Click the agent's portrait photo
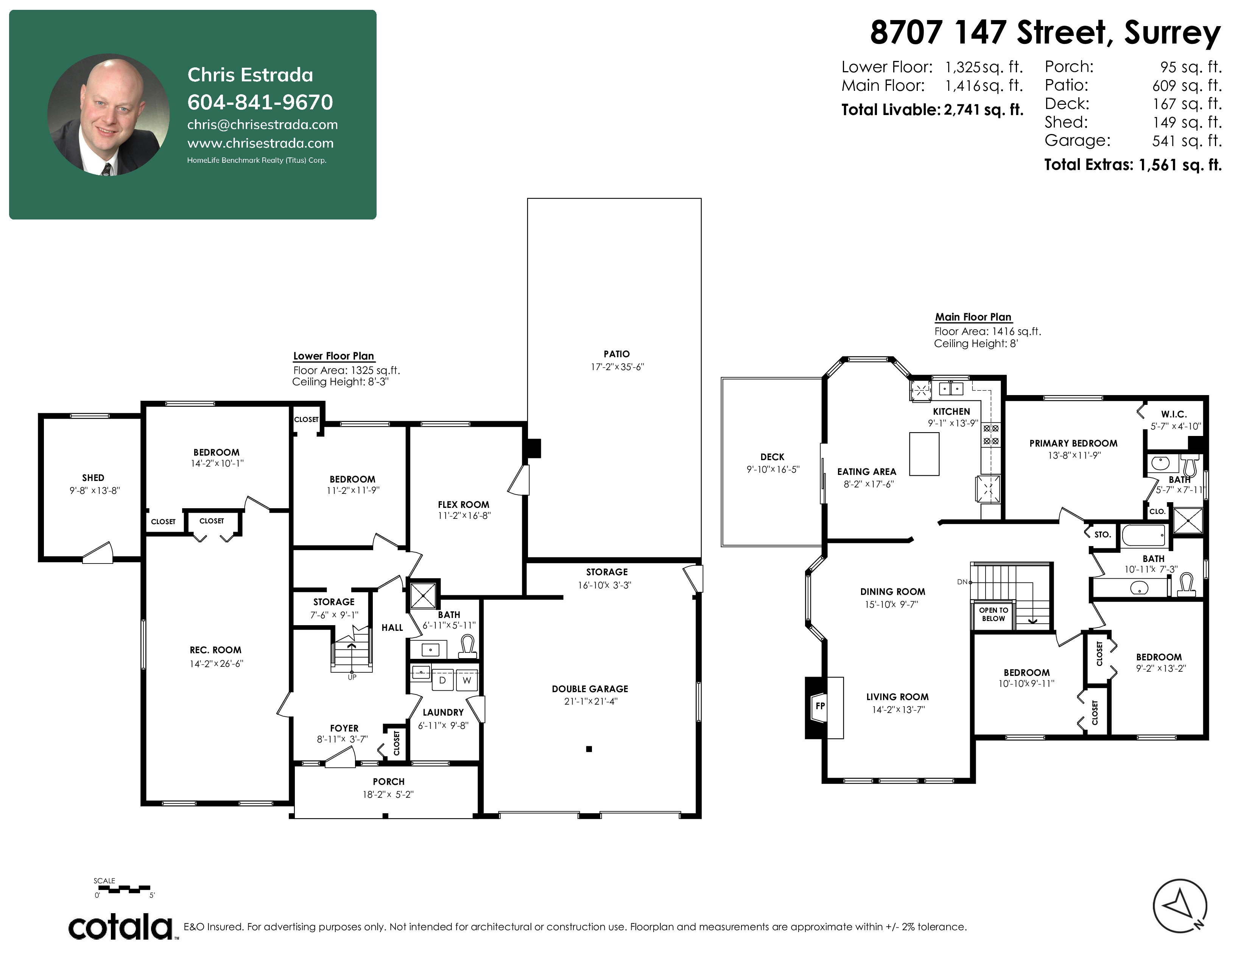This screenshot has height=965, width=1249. click(x=109, y=115)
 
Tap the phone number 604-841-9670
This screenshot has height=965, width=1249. click(x=260, y=102)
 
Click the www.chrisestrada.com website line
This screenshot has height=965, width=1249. click(x=260, y=143)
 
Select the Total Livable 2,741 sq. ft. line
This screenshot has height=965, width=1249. click(x=932, y=110)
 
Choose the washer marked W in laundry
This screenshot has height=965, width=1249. click(x=467, y=680)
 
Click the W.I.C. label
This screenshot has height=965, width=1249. click(x=1174, y=414)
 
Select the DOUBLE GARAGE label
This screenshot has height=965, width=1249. click(x=590, y=689)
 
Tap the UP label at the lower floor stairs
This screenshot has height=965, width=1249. click(x=352, y=677)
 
